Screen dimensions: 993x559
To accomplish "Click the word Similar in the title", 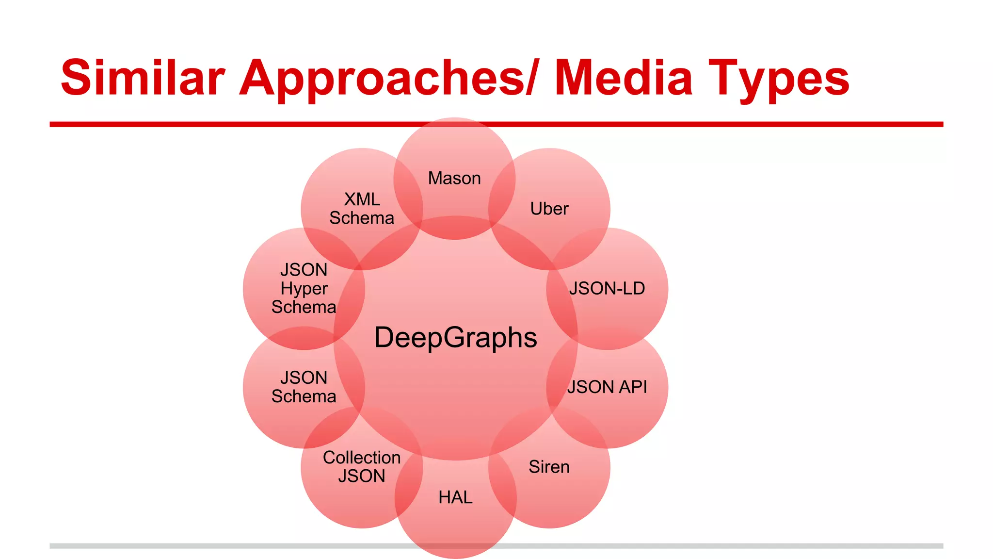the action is point(143,78).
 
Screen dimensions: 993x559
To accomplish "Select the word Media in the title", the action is point(624,78).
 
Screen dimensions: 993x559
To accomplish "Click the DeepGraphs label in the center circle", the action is point(455,337).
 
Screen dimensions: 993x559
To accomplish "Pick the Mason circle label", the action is point(454,178).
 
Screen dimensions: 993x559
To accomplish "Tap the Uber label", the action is point(549,209).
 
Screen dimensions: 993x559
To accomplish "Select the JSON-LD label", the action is point(607,288).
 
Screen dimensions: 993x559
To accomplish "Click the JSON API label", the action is point(607,387).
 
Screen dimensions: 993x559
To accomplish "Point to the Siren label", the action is point(549,467).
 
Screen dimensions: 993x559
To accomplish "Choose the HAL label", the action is point(455,497).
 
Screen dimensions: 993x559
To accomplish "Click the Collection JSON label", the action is point(362,467).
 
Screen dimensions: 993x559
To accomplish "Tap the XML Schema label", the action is point(362,209).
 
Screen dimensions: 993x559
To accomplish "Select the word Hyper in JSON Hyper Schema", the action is point(304,288).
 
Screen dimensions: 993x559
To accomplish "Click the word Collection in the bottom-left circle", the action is point(362,458).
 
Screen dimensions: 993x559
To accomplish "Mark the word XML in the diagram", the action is point(362,199).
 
